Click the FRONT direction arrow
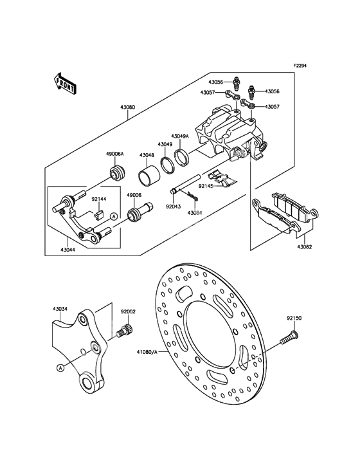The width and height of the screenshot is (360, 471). click(x=65, y=83)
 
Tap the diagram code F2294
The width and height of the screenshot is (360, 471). click(x=300, y=65)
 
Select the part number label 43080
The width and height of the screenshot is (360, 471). click(x=127, y=107)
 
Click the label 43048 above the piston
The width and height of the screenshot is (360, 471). click(x=147, y=155)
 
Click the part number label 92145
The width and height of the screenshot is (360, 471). click(x=206, y=186)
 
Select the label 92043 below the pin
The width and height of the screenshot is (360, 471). click(x=174, y=207)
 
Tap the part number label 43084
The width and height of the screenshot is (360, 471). click(x=195, y=213)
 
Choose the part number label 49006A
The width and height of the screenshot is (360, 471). click(x=114, y=154)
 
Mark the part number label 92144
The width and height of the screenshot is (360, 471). click(x=99, y=199)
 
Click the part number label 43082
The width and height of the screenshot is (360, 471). click(x=305, y=247)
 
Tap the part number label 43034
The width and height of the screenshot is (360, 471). click(x=60, y=309)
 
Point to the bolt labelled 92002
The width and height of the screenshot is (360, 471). click(x=125, y=331)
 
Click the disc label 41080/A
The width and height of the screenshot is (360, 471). click(x=147, y=351)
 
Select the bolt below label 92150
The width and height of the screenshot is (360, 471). click(x=289, y=337)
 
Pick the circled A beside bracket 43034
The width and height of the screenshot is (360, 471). click(x=60, y=367)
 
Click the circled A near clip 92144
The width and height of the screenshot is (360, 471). click(x=113, y=216)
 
